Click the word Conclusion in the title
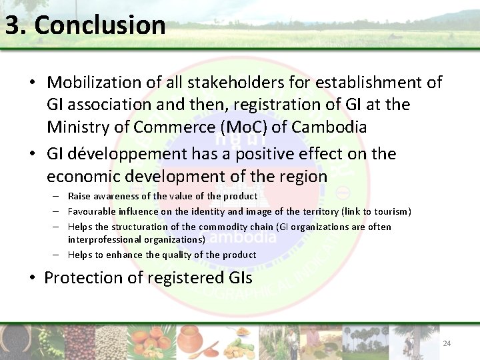(x=100, y=25)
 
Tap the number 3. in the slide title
(x=17, y=25)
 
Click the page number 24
(x=447, y=343)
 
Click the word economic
(x=88, y=177)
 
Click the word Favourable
(x=91, y=211)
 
